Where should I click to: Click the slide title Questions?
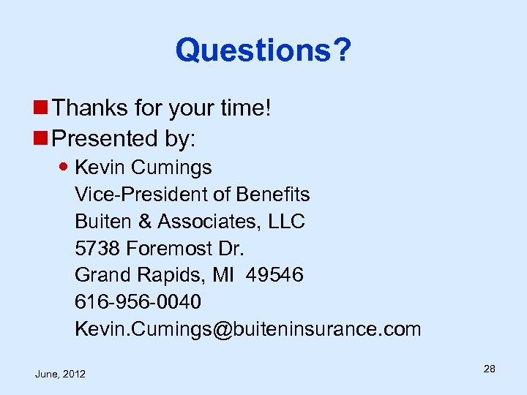click(263, 50)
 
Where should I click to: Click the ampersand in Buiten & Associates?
click(146, 221)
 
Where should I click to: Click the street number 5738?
click(97, 248)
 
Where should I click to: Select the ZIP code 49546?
click(275, 275)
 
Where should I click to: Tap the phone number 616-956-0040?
click(138, 301)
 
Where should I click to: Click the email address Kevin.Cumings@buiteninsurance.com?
click(247, 328)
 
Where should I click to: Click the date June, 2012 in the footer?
click(60, 374)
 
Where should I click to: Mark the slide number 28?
click(489, 369)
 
